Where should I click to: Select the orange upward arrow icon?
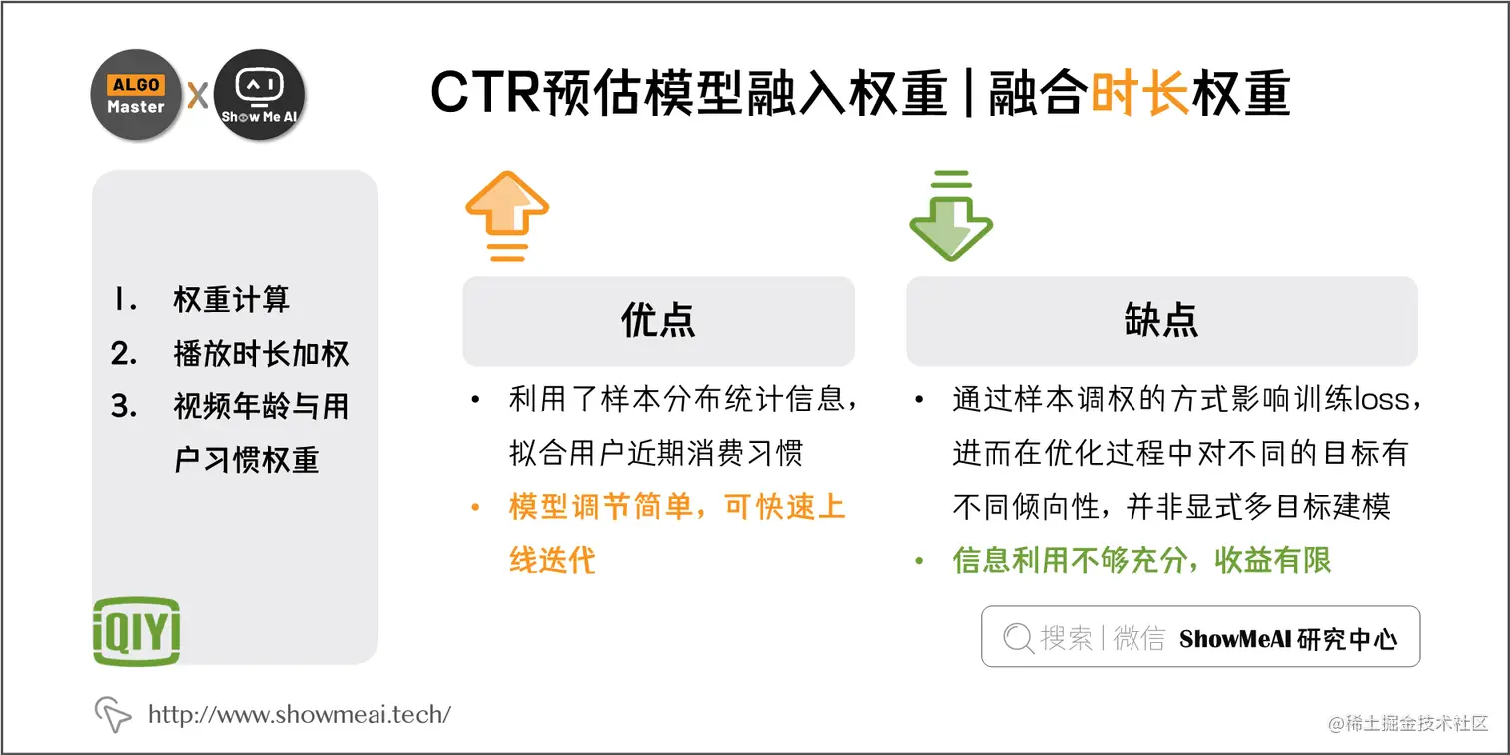pyautogui.click(x=507, y=215)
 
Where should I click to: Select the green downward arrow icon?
pyautogui.click(x=950, y=215)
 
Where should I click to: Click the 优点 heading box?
pyautogui.click(x=658, y=321)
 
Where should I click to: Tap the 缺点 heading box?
pyautogui.click(x=1160, y=321)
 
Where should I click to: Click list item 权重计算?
pyautogui.click(x=231, y=300)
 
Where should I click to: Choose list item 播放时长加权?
pyautogui.click(x=261, y=354)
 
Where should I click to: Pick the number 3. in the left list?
pyautogui.click(x=124, y=407)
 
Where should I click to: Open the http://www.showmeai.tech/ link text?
pyautogui.click(x=300, y=714)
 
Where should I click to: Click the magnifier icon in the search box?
pyautogui.click(x=1018, y=638)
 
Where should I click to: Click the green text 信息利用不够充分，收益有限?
pyautogui.click(x=1142, y=561)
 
